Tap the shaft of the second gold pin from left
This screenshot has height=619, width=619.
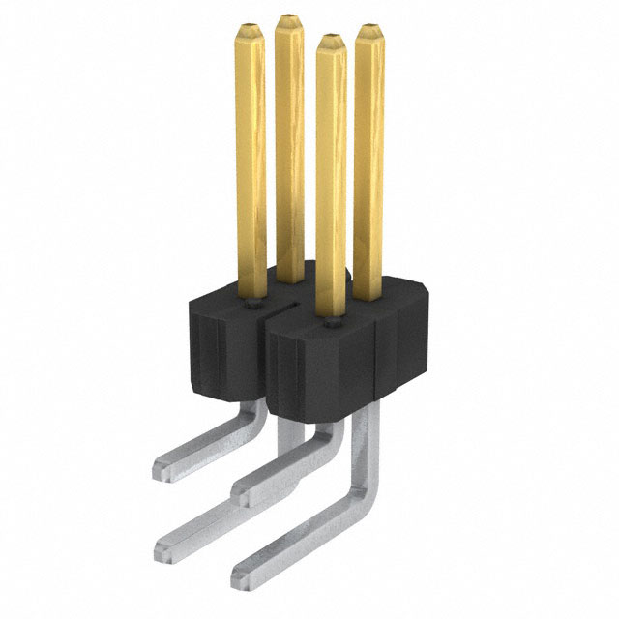pos(289,145)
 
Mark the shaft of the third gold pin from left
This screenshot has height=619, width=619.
pos(331,174)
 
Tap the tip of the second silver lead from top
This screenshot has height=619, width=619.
pos(245,495)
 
